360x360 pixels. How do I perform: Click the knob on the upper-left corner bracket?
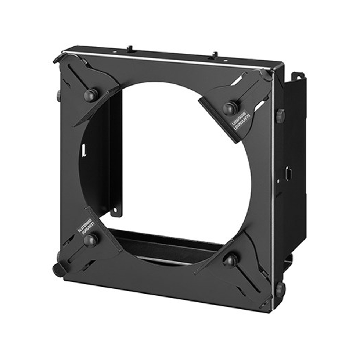(91, 95)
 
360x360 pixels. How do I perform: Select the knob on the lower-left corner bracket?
(90, 240)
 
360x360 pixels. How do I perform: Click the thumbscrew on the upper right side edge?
(280, 116)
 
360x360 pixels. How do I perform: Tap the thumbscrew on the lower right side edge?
(280, 289)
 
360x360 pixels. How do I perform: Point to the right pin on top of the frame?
(214, 55)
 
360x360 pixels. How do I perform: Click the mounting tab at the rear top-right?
(298, 76)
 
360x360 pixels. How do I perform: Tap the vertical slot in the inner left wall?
(84, 150)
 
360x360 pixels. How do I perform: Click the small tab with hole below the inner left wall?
(116, 212)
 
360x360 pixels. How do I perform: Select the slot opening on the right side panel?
(289, 173)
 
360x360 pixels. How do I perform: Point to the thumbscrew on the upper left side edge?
(59, 96)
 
